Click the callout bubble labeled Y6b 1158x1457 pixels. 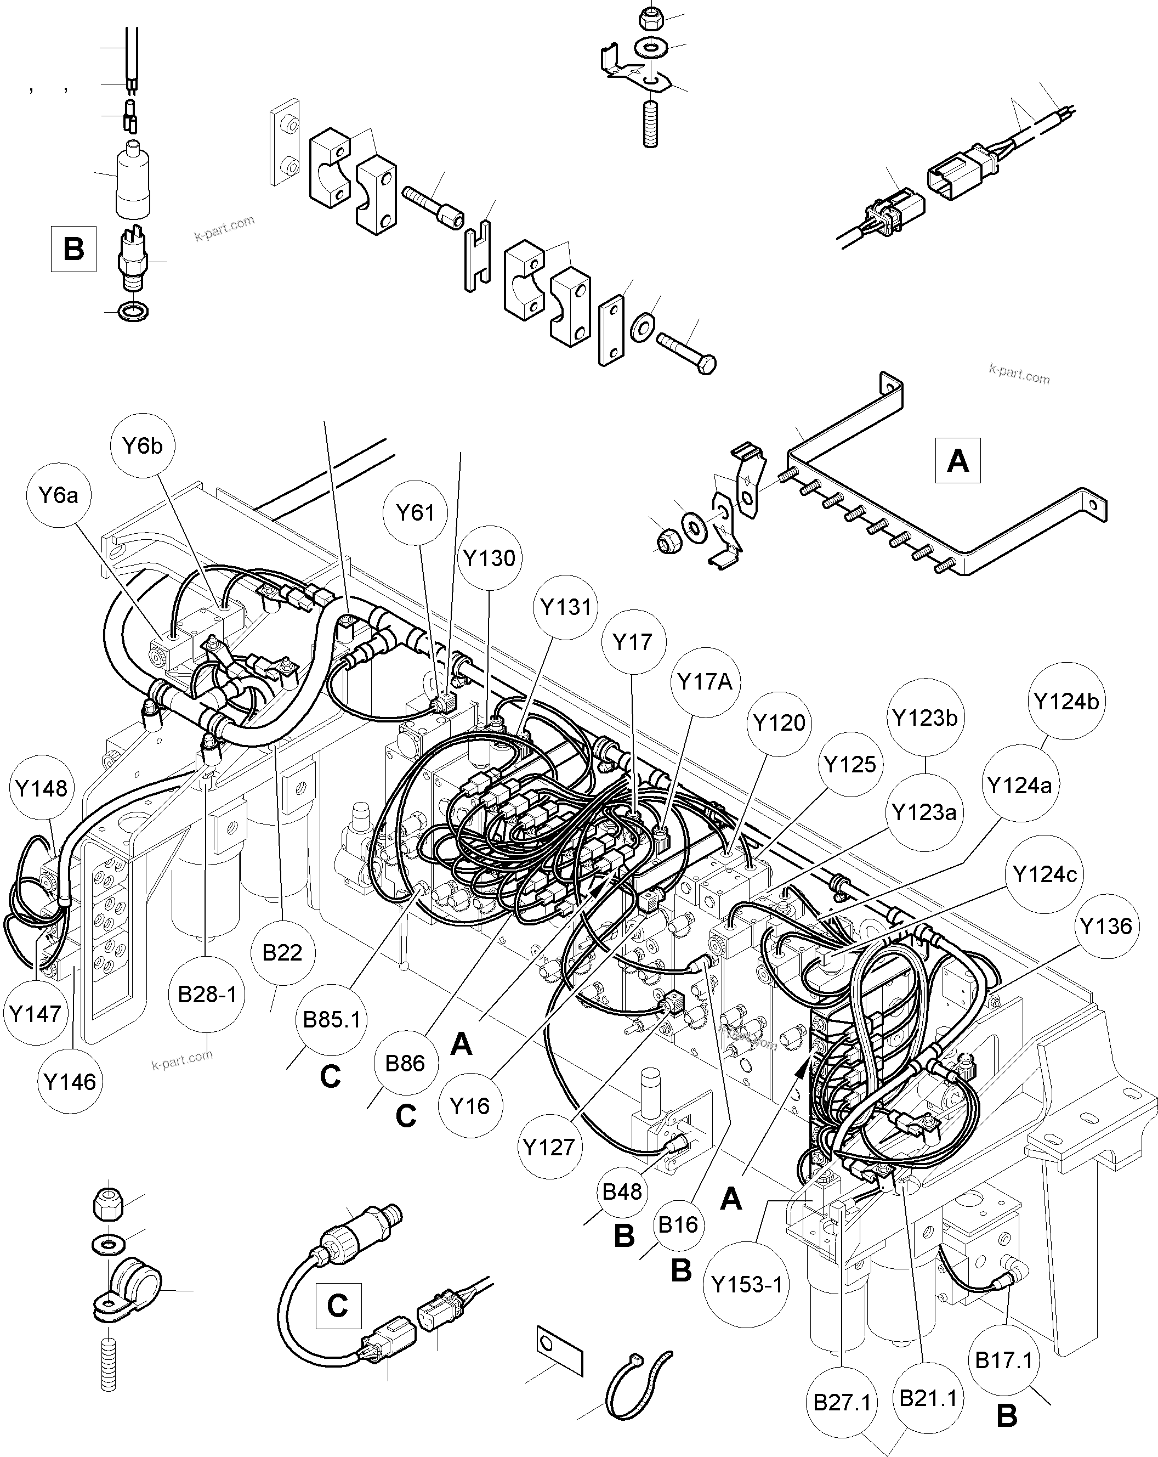click(x=143, y=446)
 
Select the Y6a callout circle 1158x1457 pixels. click(x=59, y=495)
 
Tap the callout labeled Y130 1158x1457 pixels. click(x=489, y=558)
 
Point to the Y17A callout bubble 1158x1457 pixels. click(x=705, y=682)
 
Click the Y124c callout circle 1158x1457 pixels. click(x=1045, y=874)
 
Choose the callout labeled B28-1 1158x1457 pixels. click(x=207, y=994)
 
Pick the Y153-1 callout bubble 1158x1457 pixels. click(x=747, y=1285)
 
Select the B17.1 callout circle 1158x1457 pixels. click(x=1004, y=1360)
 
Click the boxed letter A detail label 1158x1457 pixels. click(x=957, y=461)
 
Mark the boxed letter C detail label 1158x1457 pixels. click(x=337, y=1306)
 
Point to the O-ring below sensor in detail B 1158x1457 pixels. click(x=133, y=312)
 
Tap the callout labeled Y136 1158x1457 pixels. click(x=1105, y=926)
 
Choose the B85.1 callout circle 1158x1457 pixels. click(x=331, y=1019)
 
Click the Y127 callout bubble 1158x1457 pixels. click(x=549, y=1147)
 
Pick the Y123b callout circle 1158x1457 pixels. click(x=925, y=718)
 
